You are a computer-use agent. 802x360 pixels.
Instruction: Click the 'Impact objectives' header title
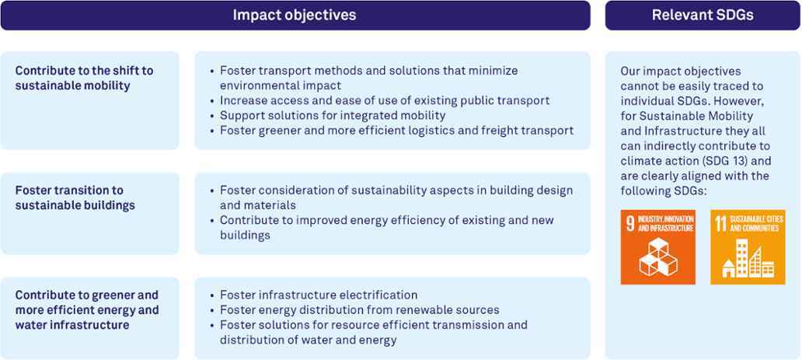(x=294, y=15)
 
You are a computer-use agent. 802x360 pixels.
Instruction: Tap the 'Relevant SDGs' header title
(x=703, y=15)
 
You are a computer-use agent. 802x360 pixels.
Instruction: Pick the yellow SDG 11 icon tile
(x=748, y=246)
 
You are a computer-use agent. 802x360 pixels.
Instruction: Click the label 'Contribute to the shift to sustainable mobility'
(x=85, y=78)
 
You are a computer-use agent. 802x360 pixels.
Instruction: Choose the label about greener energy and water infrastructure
(x=87, y=309)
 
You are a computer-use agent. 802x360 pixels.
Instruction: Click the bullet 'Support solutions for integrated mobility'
(x=333, y=115)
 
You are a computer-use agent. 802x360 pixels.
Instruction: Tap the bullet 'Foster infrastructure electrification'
(x=319, y=295)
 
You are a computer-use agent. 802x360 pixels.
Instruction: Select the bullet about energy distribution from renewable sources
(x=360, y=309)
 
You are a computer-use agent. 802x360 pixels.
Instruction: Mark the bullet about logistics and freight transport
(x=397, y=130)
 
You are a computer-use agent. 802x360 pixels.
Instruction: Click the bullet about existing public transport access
(x=385, y=100)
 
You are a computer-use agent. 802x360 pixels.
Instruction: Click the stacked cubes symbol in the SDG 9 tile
(x=658, y=257)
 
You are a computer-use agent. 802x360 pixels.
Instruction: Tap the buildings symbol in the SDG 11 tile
(x=748, y=259)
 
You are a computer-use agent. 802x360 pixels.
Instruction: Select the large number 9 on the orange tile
(x=630, y=224)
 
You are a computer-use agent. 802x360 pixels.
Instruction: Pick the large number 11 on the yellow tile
(x=721, y=224)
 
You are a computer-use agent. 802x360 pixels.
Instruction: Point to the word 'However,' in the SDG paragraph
(x=744, y=101)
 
